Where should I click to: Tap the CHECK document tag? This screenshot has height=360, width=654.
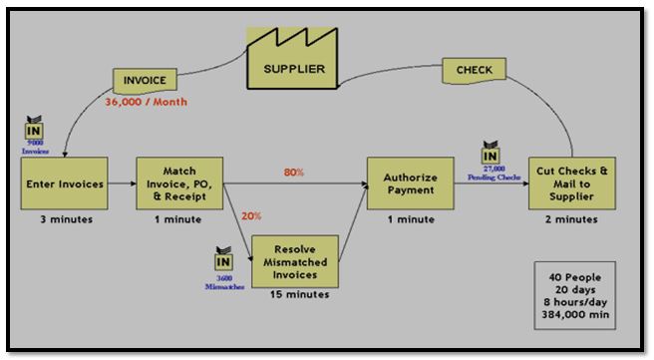point(474,70)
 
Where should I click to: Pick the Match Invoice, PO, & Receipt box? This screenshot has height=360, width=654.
point(179,183)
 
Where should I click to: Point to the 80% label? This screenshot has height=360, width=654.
point(294,173)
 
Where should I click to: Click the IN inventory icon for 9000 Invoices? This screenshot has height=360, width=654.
point(33,130)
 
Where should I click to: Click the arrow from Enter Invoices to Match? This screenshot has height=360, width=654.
point(120,183)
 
